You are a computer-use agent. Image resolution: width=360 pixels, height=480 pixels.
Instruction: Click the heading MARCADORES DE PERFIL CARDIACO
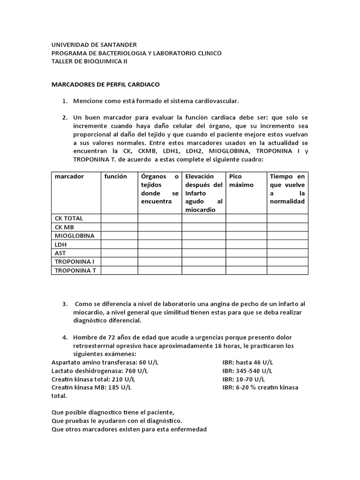point(105,84)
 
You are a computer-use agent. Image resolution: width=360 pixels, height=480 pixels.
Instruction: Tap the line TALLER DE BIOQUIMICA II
point(89,61)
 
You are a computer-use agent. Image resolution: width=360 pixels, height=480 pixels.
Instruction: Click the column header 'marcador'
point(69,177)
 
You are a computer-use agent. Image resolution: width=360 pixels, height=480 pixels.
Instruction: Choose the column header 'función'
point(115,177)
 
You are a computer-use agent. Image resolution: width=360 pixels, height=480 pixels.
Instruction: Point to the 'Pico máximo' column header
point(241,180)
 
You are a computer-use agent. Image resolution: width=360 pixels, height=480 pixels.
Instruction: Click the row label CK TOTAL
point(69,218)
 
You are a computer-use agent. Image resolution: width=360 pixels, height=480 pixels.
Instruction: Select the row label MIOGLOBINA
point(75,236)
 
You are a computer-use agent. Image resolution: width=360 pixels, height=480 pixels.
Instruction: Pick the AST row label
point(61,253)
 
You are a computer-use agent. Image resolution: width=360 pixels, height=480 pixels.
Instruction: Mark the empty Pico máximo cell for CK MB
point(246,227)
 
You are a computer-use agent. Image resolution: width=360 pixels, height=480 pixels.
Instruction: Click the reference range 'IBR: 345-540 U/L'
point(248,371)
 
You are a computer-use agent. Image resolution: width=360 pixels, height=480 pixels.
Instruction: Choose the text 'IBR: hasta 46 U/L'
point(248,362)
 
